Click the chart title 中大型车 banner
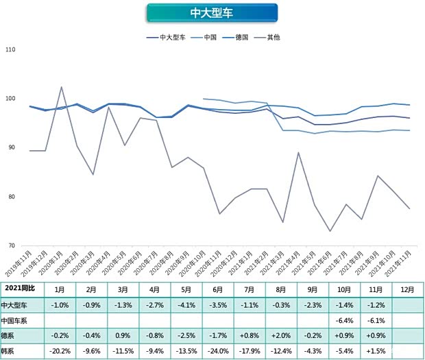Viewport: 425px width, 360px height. coord(212,13)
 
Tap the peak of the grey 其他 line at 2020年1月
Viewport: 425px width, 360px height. coord(62,87)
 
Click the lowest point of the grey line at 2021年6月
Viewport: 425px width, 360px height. coord(330,231)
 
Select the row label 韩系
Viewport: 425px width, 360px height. coord(10,350)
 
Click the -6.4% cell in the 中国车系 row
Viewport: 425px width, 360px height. coord(346,320)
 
